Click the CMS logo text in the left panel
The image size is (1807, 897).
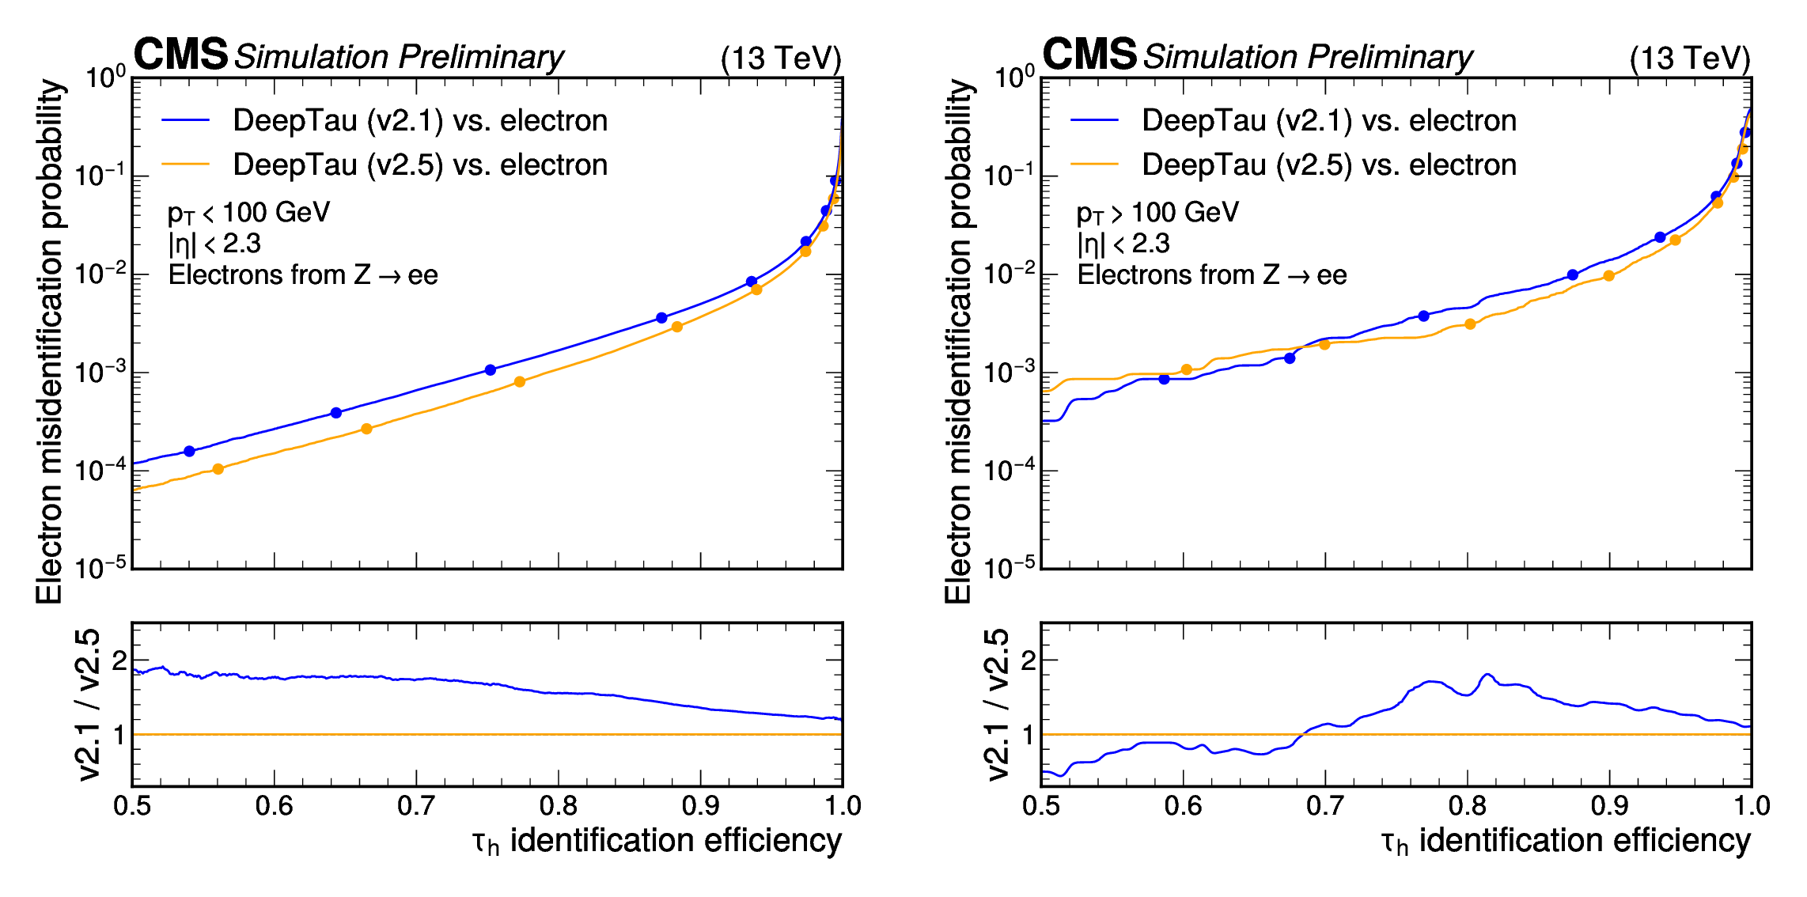coord(180,55)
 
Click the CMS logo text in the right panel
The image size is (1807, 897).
coord(1089,55)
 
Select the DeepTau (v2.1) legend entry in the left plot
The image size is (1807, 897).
coord(419,120)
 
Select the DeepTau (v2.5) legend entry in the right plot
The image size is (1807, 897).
coord(1328,165)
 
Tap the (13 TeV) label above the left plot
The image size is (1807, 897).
coord(781,59)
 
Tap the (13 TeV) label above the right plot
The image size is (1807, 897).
coord(1690,59)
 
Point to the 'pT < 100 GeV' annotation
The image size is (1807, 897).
coord(248,213)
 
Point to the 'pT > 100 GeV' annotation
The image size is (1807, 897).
coord(1157,213)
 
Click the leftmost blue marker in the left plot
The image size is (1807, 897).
coord(189,451)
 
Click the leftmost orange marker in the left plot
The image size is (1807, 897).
coord(218,469)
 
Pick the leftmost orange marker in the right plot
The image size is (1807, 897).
coord(1186,369)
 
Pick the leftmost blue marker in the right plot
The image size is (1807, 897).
coord(1164,380)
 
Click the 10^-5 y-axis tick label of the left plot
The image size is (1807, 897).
coord(100,567)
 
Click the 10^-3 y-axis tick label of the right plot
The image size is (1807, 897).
coord(1010,371)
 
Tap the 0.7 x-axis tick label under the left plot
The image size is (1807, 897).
coord(416,806)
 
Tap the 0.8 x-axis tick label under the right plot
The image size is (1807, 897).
coord(1468,806)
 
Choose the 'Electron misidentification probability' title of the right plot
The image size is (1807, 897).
coord(958,340)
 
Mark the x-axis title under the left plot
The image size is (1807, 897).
coord(657,841)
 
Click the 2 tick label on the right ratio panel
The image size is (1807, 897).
coord(1028,660)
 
